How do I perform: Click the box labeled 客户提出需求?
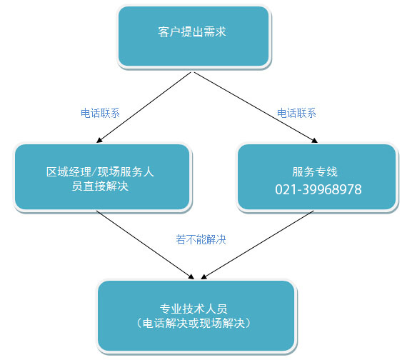click(194, 36)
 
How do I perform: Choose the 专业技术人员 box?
click(196, 316)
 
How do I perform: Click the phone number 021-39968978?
click(318, 190)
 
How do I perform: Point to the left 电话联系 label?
click(100, 113)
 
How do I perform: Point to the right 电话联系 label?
click(296, 113)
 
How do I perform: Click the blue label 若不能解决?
click(201, 239)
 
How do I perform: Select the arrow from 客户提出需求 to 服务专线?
click(256, 107)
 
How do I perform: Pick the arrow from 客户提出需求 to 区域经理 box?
click(144, 107)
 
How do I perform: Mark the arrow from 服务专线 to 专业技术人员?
click(257, 245)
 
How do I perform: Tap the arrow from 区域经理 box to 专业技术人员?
click(145, 245)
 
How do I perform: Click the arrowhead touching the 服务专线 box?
click(315, 141)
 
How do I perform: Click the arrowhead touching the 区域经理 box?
click(99, 140)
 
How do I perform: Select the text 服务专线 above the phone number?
click(315, 171)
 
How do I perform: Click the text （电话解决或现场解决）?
click(194, 324)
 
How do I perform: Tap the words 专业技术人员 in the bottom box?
click(194, 309)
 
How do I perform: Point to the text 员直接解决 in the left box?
click(100, 186)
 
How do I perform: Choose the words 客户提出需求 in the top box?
click(192, 31)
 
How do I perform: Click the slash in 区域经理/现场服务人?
click(94, 172)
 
